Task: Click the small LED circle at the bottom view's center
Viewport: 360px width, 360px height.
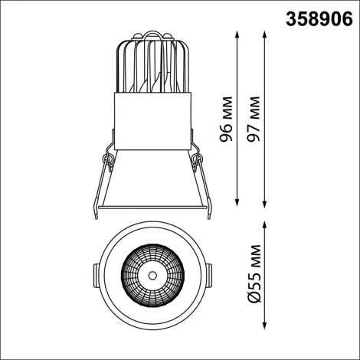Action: (x=152, y=274)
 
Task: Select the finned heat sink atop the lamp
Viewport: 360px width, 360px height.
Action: (x=152, y=65)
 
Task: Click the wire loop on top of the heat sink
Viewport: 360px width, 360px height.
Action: (x=152, y=34)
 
